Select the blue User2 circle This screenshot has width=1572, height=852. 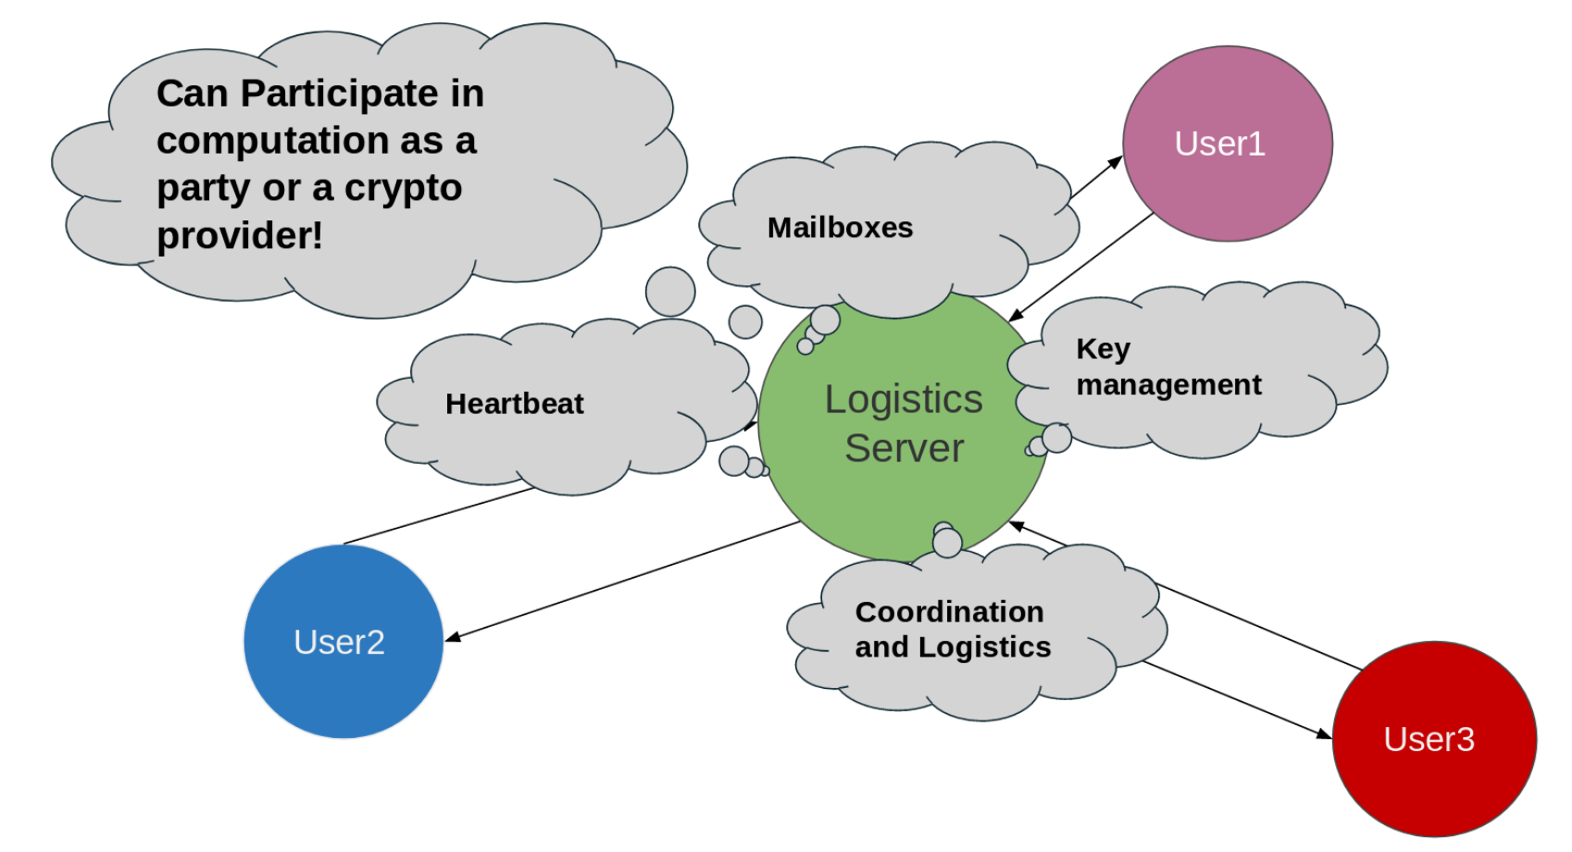343,685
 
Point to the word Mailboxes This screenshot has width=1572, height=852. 840,228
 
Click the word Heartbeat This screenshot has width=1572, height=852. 515,404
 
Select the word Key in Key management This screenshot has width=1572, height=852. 1103,349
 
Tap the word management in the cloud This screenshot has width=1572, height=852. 1168,384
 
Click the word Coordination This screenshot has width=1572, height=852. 949,612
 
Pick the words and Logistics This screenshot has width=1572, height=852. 953,647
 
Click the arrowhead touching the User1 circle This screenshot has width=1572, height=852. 1116,162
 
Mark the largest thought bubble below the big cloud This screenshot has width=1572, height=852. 670,292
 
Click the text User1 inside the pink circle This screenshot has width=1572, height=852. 1219,144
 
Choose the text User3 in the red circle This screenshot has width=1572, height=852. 1429,740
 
